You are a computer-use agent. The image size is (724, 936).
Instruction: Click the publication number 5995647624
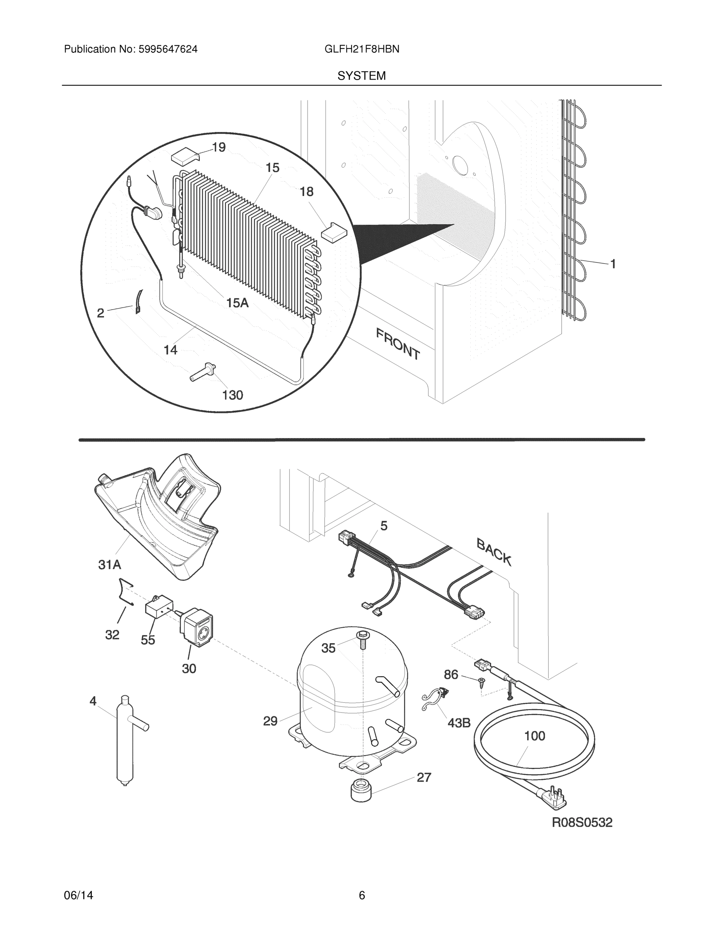pos(168,49)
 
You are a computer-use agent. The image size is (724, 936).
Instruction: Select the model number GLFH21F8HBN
pos(361,49)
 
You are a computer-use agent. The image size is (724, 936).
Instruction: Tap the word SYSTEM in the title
pos(361,76)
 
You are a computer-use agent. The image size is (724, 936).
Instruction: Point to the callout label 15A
pos(237,303)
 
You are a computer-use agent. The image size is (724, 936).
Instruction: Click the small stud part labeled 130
pos(203,372)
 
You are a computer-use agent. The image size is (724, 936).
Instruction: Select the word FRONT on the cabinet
pos(398,343)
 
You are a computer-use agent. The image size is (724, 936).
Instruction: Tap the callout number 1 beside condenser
pos(613,264)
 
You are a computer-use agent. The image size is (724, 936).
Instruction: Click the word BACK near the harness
pos(494,552)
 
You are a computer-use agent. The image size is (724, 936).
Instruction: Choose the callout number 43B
pos(459,723)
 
